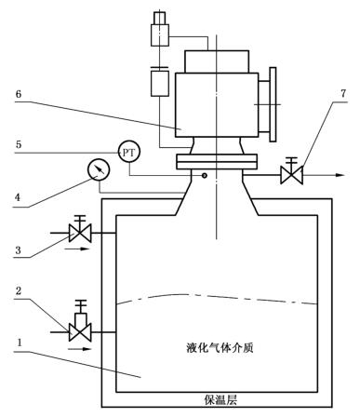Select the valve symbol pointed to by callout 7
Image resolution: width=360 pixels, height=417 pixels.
(x=291, y=171)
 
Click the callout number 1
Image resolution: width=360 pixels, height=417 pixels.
(x=20, y=343)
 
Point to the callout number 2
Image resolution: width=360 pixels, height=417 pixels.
(x=19, y=290)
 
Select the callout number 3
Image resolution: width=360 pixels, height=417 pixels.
(x=19, y=250)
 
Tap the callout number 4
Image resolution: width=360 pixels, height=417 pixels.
(x=18, y=197)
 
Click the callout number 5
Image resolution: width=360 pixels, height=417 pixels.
(x=19, y=144)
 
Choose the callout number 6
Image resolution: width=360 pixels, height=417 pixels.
(x=19, y=94)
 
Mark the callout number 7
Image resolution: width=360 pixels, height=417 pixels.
(x=343, y=93)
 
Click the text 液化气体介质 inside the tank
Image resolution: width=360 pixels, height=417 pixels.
(x=220, y=347)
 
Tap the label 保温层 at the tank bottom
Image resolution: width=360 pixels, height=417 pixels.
(x=220, y=399)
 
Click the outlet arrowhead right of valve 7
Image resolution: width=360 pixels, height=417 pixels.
(x=340, y=175)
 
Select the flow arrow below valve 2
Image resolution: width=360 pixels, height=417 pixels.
(x=79, y=349)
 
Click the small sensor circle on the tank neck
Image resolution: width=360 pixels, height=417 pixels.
(x=205, y=176)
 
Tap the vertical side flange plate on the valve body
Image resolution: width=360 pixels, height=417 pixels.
(x=273, y=104)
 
